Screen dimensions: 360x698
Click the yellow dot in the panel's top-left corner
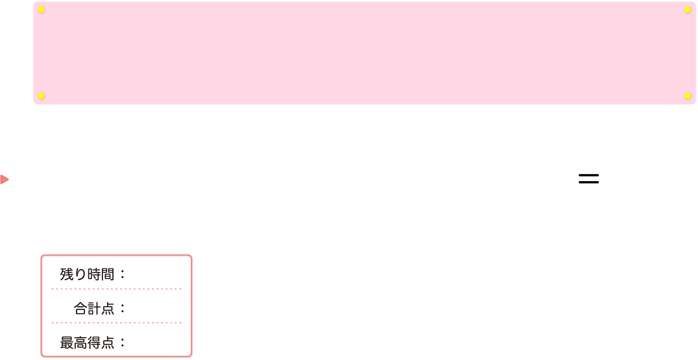coord(41,9)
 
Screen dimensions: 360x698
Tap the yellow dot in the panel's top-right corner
coord(687,9)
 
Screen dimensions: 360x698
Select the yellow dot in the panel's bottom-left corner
coord(41,96)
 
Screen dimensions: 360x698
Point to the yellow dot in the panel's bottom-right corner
coord(687,96)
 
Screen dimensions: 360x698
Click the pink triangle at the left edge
coord(4,179)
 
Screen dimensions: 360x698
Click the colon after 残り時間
coord(122,274)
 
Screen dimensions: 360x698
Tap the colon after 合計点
coord(122,309)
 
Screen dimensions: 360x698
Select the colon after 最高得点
coord(122,343)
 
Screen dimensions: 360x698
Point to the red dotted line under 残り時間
coord(117,289)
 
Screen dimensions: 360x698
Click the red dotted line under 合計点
coord(117,323)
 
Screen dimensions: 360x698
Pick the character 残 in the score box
coord(67,274)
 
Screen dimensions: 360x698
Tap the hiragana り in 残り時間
coord(80,274)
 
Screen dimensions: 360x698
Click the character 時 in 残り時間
coord(94,274)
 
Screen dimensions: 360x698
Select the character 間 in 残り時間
coord(108,274)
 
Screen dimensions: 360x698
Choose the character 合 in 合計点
coord(80,309)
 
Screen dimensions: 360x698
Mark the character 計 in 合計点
coord(94,309)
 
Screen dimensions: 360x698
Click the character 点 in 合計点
coord(108,309)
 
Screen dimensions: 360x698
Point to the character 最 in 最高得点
coord(67,343)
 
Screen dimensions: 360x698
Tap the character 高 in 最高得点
coord(80,343)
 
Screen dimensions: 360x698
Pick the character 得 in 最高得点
coord(94,343)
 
